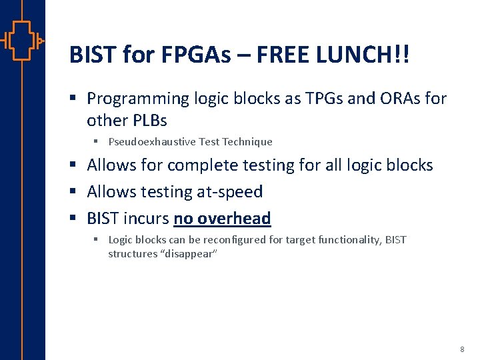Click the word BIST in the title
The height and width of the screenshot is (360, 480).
(x=93, y=55)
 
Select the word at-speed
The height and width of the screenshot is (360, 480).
(x=230, y=192)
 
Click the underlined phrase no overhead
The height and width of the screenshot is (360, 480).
(x=222, y=219)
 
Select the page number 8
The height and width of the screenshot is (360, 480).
(x=462, y=349)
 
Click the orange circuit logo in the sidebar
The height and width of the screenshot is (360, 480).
(x=22, y=40)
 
